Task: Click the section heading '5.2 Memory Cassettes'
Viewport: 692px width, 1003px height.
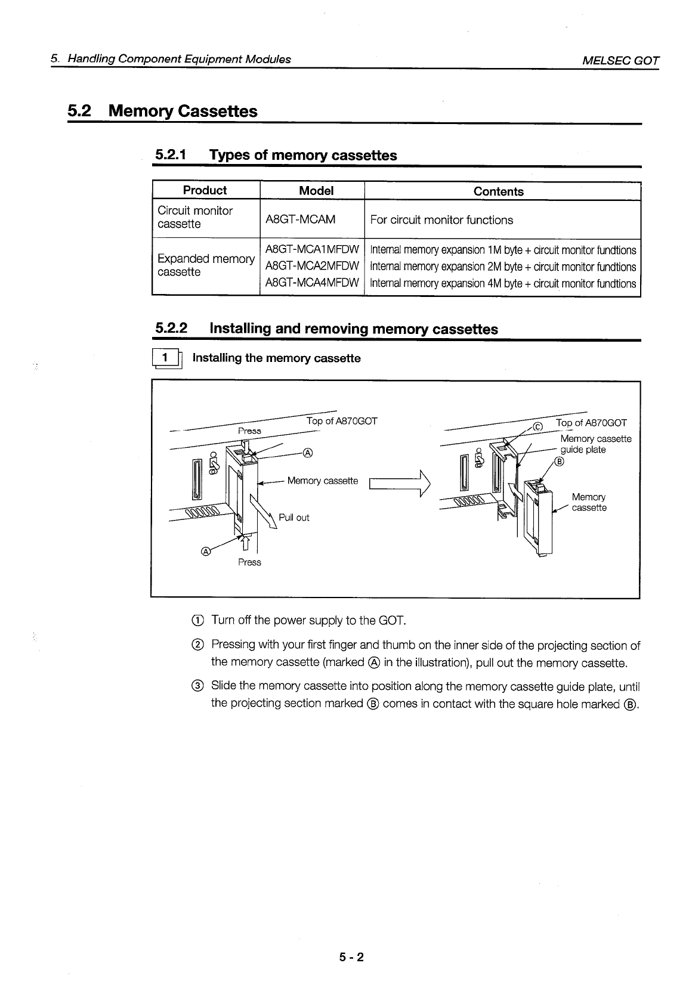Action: (x=162, y=112)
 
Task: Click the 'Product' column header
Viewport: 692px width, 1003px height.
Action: (x=205, y=190)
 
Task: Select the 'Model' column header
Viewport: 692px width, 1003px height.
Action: (x=316, y=191)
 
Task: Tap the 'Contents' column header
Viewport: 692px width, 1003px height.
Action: (x=498, y=191)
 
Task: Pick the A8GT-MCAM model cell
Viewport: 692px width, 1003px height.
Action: (x=300, y=219)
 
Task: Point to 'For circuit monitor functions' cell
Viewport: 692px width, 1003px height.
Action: (x=441, y=220)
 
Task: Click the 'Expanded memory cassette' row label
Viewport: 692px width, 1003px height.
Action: (x=205, y=265)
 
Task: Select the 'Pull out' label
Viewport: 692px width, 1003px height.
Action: (x=294, y=518)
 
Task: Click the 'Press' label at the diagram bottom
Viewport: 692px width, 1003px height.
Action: (x=249, y=562)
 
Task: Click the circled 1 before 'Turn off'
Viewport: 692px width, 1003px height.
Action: (x=199, y=621)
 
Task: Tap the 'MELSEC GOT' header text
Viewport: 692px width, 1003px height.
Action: (x=621, y=60)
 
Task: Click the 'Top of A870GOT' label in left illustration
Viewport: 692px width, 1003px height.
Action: (x=342, y=422)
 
